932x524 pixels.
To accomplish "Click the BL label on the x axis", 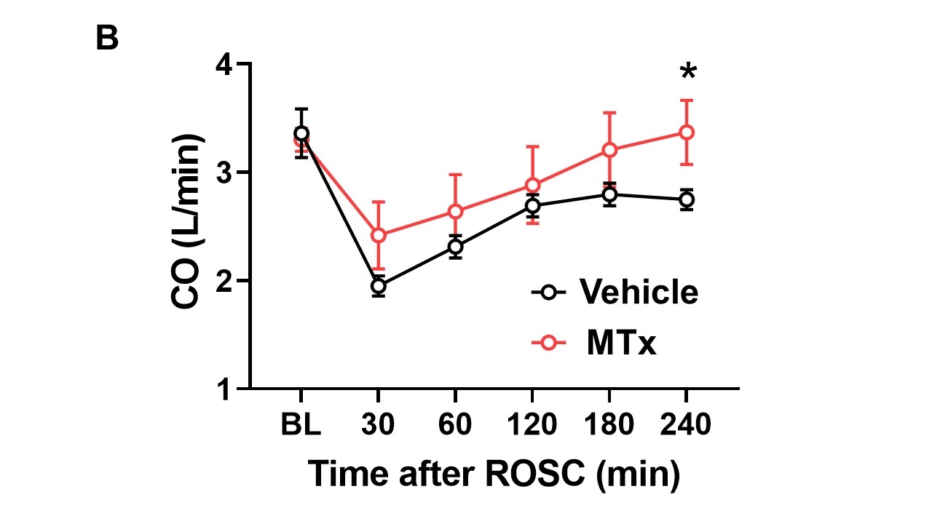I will (x=301, y=424).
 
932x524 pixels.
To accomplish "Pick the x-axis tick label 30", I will (x=379, y=424).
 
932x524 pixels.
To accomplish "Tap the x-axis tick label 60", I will (x=455, y=424).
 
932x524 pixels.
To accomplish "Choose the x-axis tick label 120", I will (x=532, y=424).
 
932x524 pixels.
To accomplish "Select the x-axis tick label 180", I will (x=609, y=424).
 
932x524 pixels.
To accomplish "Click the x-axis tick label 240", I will (x=686, y=424).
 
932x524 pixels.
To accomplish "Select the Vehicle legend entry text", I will (x=639, y=292).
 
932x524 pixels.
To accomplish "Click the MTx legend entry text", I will (x=622, y=343).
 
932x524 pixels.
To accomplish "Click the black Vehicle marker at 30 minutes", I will (x=379, y=286).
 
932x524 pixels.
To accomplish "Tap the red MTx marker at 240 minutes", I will (x=686, y=132).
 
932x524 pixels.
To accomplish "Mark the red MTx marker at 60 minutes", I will (x=455, y=212).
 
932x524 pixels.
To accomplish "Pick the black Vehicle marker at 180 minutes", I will (x=609, y=194).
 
